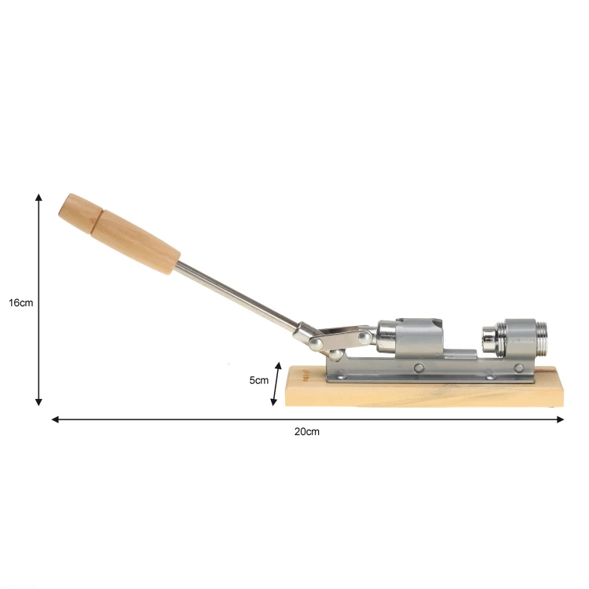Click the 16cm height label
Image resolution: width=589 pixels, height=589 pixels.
[21, 303]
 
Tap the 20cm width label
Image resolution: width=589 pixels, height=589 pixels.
[307, 432]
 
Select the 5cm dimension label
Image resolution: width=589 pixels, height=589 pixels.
[259, 380]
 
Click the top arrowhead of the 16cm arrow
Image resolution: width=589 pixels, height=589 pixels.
[38, 197]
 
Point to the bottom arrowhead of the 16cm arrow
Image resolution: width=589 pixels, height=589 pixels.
[38, 402]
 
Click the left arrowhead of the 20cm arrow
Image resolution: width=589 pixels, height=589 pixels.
[55, 419]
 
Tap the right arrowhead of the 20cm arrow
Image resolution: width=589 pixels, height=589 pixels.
[560, 419]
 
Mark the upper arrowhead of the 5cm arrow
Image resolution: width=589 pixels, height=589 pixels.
[278, 366]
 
